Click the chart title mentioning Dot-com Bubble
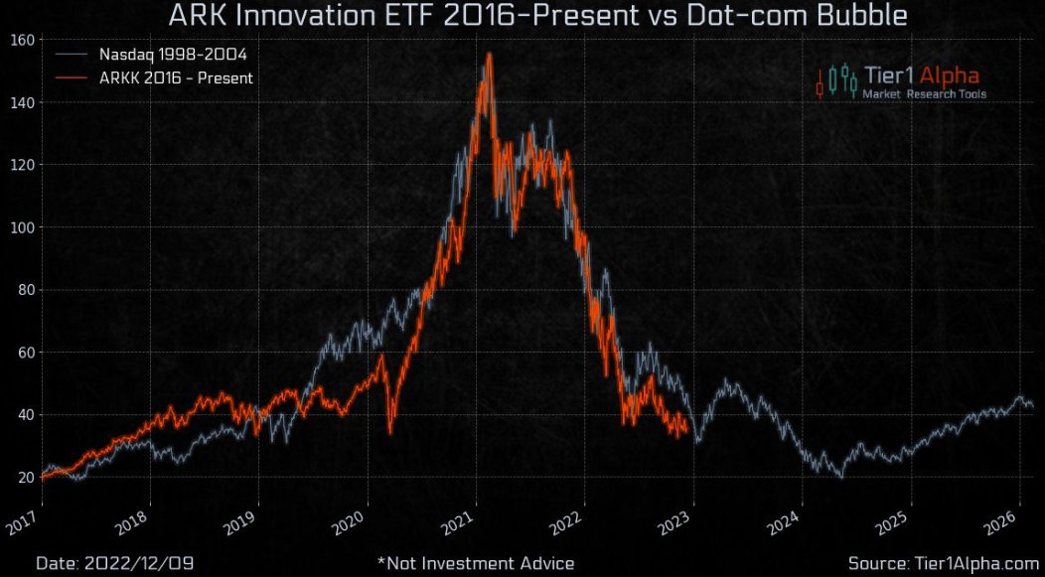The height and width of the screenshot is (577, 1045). [537, 16]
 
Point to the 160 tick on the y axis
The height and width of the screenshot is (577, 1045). [23, 40]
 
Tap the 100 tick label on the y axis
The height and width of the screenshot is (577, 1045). [23, 227]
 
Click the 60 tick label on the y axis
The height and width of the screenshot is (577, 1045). [26, 353]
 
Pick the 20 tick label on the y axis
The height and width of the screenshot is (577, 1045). [26, 478]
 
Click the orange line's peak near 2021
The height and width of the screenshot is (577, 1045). [488, 56]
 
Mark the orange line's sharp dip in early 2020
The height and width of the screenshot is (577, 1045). [390, 432]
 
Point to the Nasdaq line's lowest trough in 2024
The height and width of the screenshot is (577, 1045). [840, 477]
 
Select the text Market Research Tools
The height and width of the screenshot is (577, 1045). [924, 94]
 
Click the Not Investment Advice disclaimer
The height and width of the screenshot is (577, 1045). [476, 563]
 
